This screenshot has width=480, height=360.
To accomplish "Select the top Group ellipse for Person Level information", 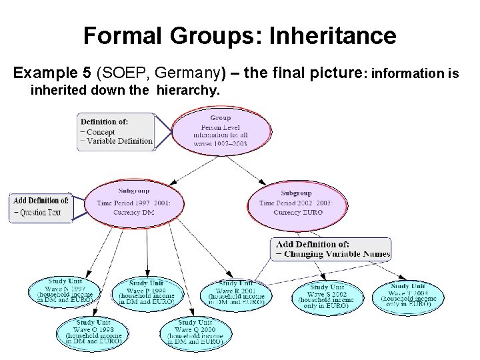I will pos(221,130).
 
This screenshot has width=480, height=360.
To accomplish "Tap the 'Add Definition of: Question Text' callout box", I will pos(41,207).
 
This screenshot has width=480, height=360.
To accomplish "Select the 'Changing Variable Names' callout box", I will pos(332,249).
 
